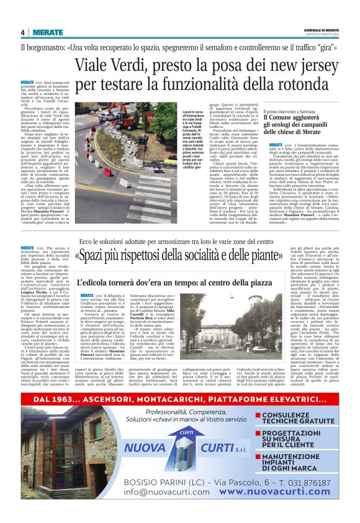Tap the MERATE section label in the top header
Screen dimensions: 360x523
pyautogui.click(x=48, y=32)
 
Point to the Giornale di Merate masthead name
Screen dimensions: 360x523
pyautogui.click(x=321, y=30)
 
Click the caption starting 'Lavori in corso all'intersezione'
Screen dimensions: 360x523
pyautogui.click(x=178, y=137)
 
